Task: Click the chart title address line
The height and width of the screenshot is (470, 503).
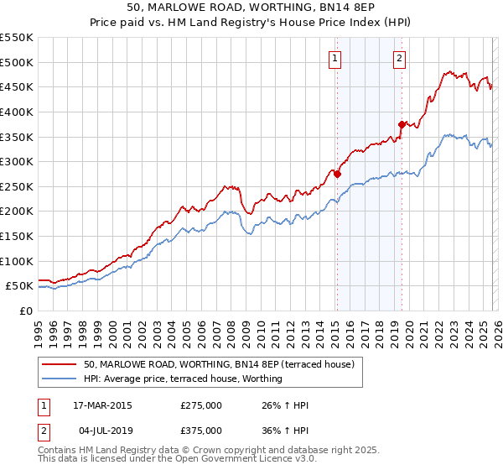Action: click(x=251, y=8)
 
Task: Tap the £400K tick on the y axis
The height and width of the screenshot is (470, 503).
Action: click(x=17, y=112)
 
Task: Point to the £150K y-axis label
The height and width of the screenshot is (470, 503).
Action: click(x=17, y=236)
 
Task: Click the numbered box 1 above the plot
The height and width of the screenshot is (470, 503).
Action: click(x=335, y=58)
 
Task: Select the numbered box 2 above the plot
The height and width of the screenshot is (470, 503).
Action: click(x=399, y=58)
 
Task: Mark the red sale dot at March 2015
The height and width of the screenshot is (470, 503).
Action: click(x=337, y=174)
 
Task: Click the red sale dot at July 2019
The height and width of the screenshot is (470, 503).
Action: click(x=402, y=124)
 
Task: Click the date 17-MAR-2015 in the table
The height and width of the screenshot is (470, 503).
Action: click(x=102, y=405)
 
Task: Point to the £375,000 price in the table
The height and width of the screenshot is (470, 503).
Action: click(x=201, y=431)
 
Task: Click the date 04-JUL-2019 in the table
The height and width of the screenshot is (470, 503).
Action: click(x=102, y=431)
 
